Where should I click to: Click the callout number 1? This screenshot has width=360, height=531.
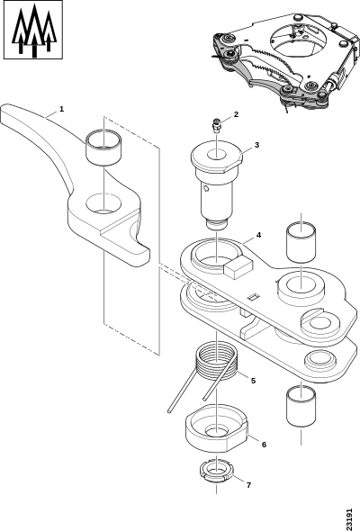tap(61, 109)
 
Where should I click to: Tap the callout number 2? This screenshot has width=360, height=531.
tap(236, 114)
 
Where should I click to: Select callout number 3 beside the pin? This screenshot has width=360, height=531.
tap(256, 145)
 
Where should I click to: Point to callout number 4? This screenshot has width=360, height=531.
tap(258, 235)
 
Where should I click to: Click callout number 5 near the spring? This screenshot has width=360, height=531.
tap(253, 381)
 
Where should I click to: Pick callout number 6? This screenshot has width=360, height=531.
tap(264, 445)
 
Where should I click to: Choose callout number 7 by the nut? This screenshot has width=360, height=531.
tap(249, 485)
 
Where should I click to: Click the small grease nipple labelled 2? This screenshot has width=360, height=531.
tap(217, 126)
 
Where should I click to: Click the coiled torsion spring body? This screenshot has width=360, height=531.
tap(217, 361)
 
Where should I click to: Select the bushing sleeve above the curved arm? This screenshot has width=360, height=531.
tap(104, 148)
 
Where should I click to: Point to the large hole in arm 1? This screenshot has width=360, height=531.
tap(103, 203)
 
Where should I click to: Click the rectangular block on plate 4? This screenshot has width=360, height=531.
tap(238, 268)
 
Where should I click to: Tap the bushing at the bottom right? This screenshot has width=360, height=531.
tap(301, 406)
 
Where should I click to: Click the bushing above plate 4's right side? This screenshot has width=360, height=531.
tap(301, 242)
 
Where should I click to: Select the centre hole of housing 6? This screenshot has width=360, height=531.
tap(216, 432)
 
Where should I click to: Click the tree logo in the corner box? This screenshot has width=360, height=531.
tap(33, 30)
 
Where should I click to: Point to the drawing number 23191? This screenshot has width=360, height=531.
tap(349, 518)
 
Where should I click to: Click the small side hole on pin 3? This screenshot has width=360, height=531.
tap(205, 188)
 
